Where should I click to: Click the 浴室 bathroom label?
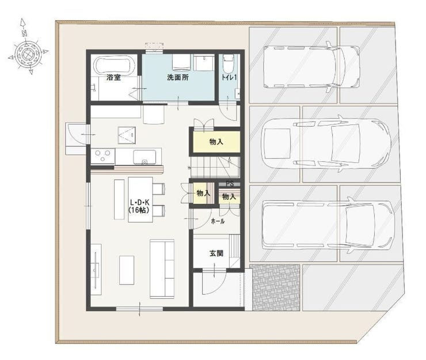[113, 78]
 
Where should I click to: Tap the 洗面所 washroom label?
[178, 78]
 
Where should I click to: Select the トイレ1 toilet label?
[229, 77]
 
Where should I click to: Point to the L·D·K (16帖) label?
[140, 206]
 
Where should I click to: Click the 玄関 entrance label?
[216, 253]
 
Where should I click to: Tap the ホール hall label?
[218, 221]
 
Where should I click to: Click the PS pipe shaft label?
[230, 184]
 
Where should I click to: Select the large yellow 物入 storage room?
[216, 142]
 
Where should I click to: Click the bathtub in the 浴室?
[114, 65]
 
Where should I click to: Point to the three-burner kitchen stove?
[102, 156]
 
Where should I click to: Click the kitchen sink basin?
[144, 157]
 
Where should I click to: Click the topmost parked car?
[311, 67]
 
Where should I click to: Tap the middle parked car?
[326, 143]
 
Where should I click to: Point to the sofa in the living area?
[162, 269]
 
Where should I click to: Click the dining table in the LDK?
[140, 199]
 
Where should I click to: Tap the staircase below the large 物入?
[215, 166]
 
